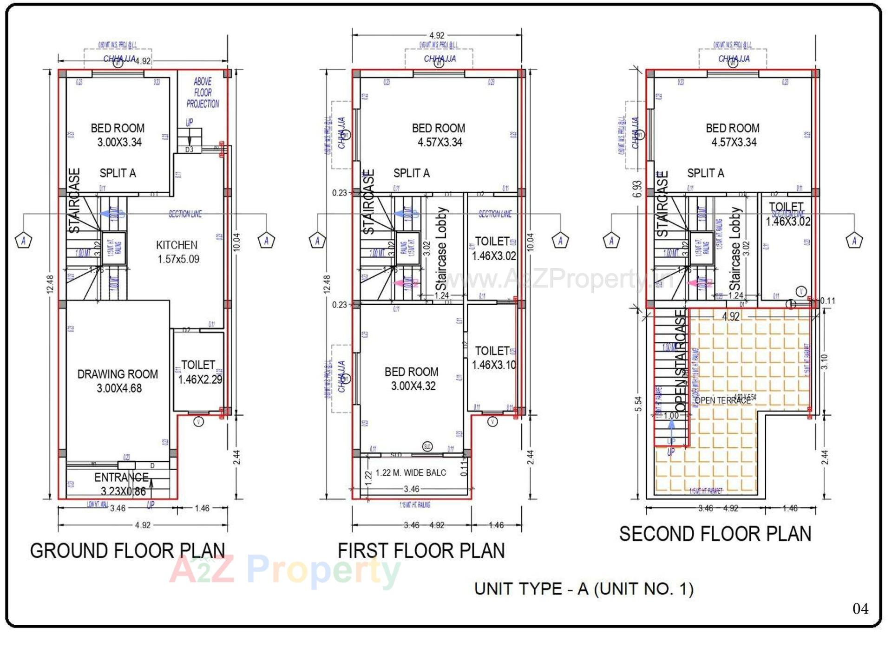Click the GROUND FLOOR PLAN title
(x=127, y=551)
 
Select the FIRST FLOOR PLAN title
(x=421, y=551)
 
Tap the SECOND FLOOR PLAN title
(x=715, y=534)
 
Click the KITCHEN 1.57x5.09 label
(x=177, y=252)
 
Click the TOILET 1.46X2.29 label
(x=199, y=372)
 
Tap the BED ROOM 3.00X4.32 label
(x=412, y=379)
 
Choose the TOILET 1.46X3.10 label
(x=493, y=358)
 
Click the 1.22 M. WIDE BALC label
(x=411, y=473)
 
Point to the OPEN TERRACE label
(x=722, y=400)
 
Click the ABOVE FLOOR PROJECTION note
(x=203, y=93)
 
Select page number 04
(x=860, y=609)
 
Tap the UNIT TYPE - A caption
(x=584, y=589)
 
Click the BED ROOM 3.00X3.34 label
(x=118, y=135)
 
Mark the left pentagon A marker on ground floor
(x=24, y=241)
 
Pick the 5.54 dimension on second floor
(x=639, y=404)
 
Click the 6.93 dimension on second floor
(x=637, y=189)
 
